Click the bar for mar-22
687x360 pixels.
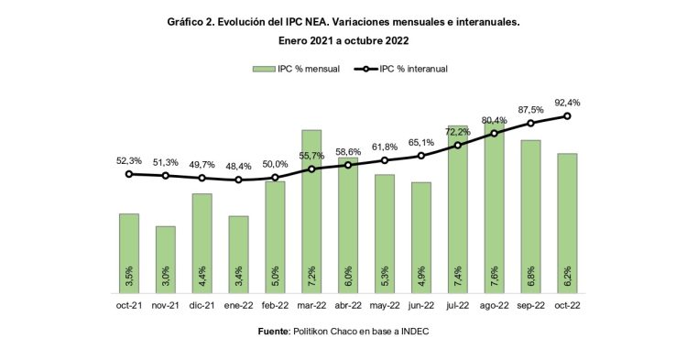311,211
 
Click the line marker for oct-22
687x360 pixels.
568,115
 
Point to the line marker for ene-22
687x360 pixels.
238,180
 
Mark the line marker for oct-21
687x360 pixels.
129,173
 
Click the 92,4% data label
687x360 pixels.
568,103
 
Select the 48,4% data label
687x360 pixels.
238,166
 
